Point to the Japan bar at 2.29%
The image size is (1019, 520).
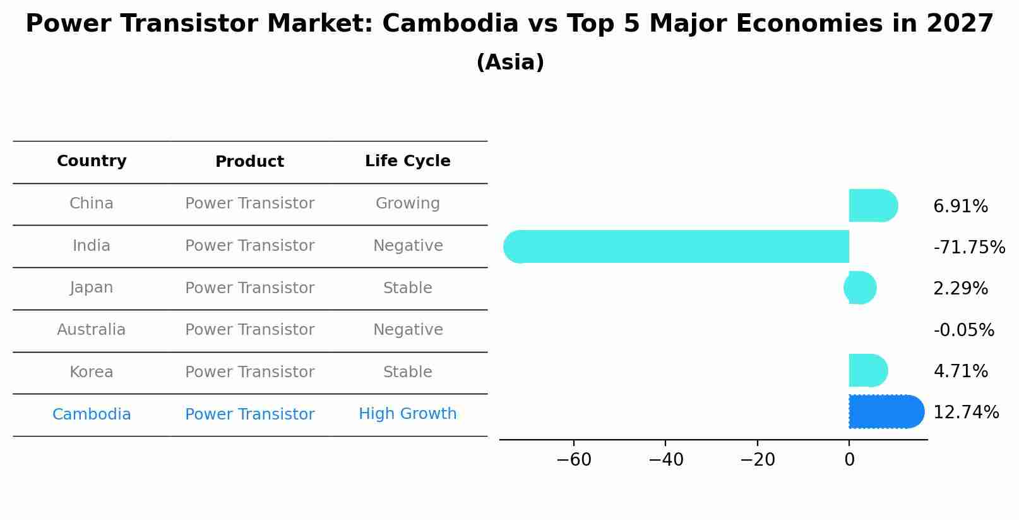pos(861,287)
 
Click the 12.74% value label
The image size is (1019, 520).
pos(965,413)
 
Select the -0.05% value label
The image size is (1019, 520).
pos(963,330)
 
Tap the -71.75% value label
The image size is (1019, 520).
pos(968,248)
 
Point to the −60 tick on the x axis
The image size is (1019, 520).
pos(574,460)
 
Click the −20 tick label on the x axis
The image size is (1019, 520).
pos(757,460)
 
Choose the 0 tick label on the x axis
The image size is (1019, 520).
pos(849,460)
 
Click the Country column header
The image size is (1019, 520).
pos(92,161)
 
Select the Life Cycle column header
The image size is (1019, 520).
pos(407,161)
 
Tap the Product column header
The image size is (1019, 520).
pos(249,162)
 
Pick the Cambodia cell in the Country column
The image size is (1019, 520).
pos(92,414)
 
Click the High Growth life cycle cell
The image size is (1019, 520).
pos(407,414)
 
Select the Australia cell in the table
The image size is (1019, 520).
pos(92,330)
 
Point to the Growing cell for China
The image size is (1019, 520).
pos(407,203)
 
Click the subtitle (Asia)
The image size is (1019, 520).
pos(509,63)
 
